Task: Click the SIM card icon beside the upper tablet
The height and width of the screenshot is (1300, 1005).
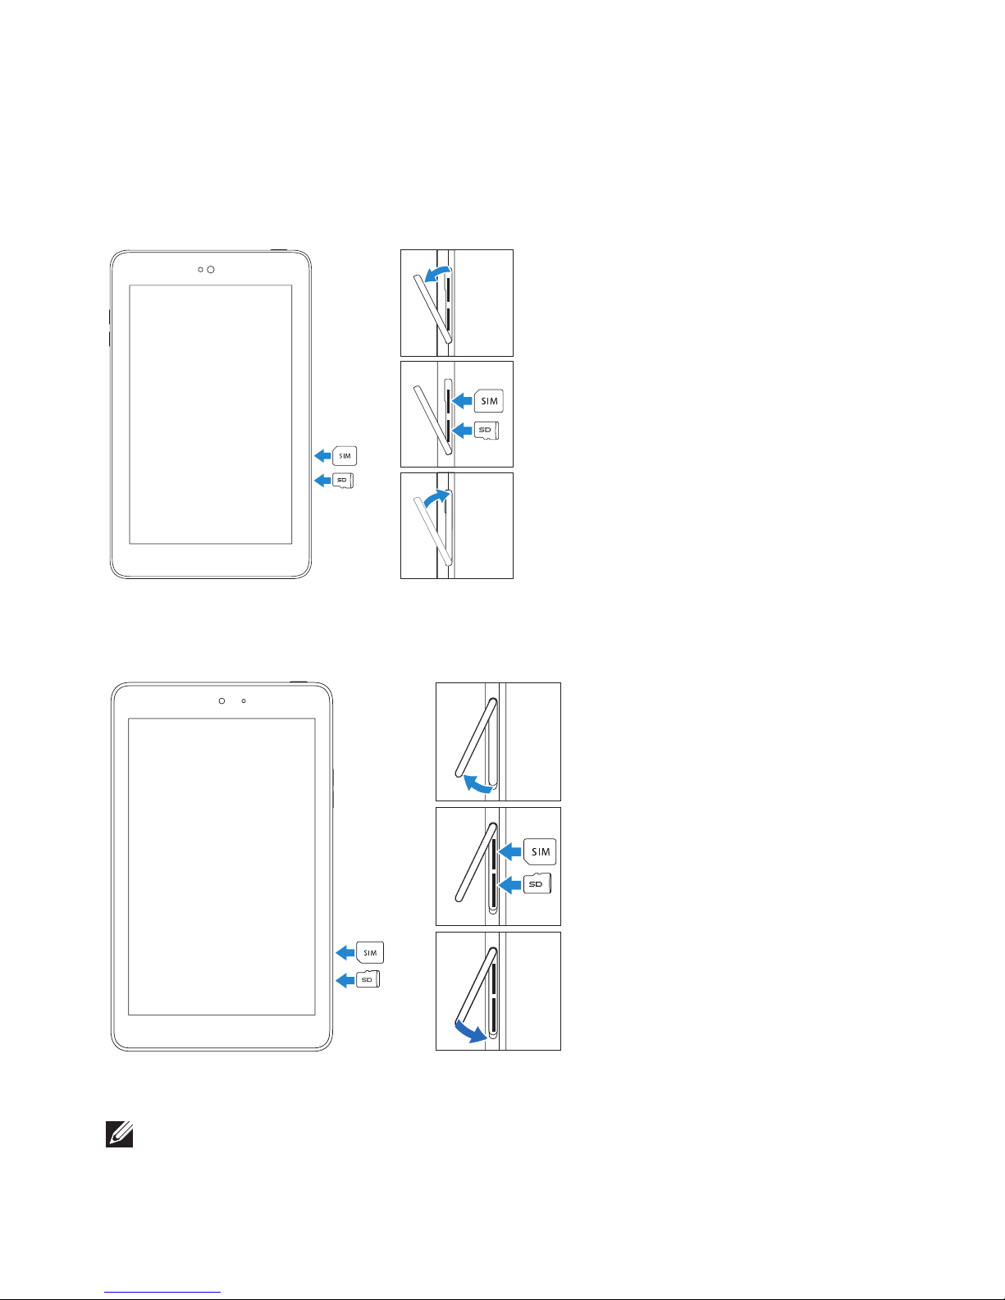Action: [x=345, y=456]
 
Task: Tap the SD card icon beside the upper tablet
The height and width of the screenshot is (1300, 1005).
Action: [x=343, y=481]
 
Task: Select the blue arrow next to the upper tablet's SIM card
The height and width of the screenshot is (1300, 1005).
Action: [x=322, y=456]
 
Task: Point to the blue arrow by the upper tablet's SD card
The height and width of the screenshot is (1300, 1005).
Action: [x=322, y=481]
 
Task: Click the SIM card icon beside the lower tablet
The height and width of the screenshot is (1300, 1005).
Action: [x=370, y=952]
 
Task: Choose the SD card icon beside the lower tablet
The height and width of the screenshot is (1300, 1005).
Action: [x=368, y=979]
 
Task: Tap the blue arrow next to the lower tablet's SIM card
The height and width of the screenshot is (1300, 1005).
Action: [x=345, y=952]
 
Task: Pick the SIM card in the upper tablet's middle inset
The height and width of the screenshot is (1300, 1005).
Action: [x=489, y=401]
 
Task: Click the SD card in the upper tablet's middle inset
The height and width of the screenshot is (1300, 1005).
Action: [x=487, y=430]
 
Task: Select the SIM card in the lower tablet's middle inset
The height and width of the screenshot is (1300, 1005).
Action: [x=540, y=851]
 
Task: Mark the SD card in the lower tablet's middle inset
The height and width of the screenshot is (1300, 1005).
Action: [x=537, y=884]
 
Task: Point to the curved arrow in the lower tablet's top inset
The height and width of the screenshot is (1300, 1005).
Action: [x=478, y=785]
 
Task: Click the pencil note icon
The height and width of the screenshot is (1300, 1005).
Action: [x=120, y=1135]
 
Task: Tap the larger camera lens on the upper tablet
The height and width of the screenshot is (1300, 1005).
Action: [x=211, y=270]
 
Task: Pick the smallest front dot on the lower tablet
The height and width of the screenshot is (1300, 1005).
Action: [x=244, y=701]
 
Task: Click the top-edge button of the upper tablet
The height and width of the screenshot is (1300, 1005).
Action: [x=279, y=249]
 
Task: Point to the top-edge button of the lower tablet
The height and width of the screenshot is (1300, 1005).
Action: [x=299, y=682]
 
